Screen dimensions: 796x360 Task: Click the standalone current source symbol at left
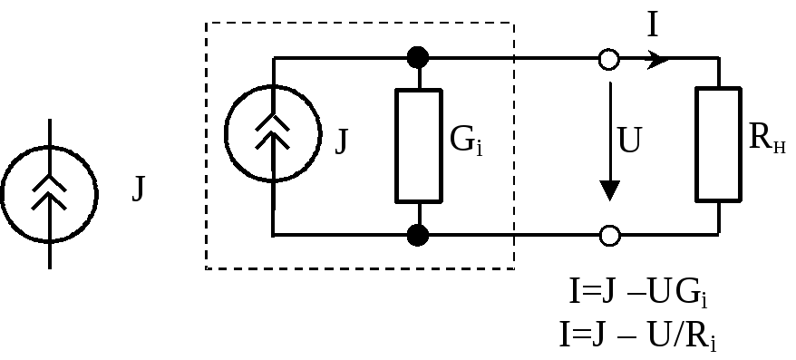point(49,147)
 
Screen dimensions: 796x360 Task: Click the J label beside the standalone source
point(138,189)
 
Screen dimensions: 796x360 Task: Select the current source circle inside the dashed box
point(273,85)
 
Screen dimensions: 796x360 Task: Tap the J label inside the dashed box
point(341,141)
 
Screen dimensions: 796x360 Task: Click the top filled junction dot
point(418,57)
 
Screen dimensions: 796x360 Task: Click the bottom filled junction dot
point(418,236)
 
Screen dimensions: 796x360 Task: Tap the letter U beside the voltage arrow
point(629,141)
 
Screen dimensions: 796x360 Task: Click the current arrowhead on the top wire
point(658,60)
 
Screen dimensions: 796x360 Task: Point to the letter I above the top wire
point(653,24)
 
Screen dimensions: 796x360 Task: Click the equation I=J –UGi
point(638,293)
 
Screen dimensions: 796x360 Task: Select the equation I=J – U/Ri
point(638,335)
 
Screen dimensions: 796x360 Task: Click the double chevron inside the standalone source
point(49,192)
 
